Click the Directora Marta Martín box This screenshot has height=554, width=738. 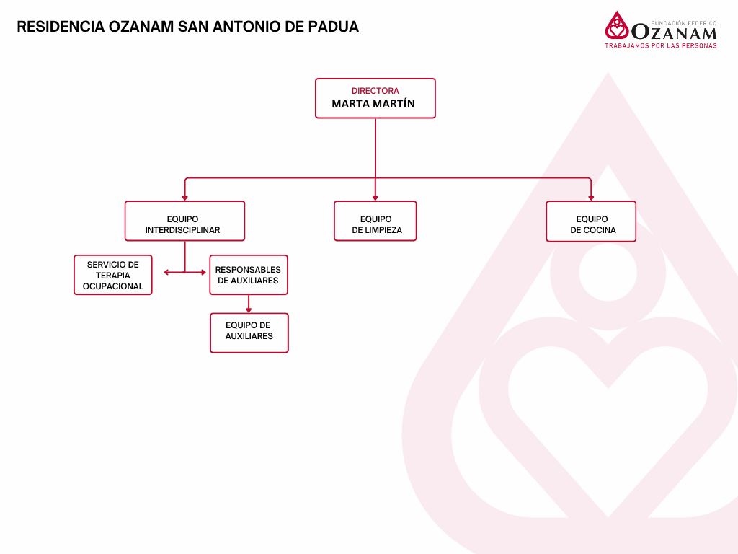(375, 98)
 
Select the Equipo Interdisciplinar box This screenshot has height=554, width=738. (184, 221)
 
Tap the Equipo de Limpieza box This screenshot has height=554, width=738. (375, 221)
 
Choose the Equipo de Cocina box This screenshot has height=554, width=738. (591, 221)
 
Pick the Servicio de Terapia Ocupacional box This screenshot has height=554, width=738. (113, 275)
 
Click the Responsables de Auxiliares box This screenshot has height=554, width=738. (249, 275)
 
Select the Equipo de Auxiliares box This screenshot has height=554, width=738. (249, 333)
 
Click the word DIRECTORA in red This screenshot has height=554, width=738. (375, 91)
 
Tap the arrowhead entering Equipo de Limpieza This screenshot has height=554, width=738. (375, 198)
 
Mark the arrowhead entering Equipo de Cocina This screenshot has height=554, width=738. (591, 198)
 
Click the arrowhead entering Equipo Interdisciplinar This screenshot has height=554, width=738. (184, 198)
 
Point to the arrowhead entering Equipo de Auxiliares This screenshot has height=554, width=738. (249, 309)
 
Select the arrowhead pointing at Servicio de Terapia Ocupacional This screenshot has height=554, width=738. (167, 272)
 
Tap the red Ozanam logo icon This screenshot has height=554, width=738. (616, 26)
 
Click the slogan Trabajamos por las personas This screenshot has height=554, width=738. (660, 45)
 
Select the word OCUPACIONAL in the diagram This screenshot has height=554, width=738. (113, 286)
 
